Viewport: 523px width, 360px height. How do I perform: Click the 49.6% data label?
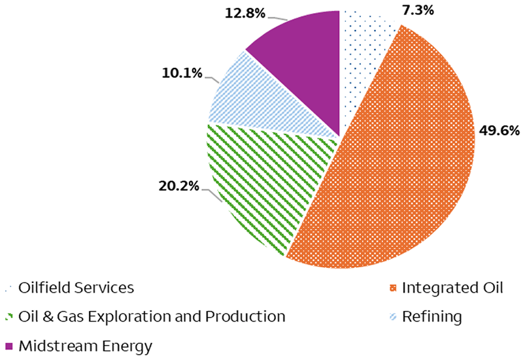point(499,131)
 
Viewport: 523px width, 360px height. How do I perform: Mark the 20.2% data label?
point(178,186)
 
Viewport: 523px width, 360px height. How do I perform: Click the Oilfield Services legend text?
point(76,287)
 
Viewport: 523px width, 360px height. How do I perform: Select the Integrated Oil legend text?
point(452,287)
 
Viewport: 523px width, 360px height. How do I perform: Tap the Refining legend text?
point(431,317)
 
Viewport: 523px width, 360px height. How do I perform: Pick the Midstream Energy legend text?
point(85,346)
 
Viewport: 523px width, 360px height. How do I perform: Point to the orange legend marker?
point(393,288)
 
